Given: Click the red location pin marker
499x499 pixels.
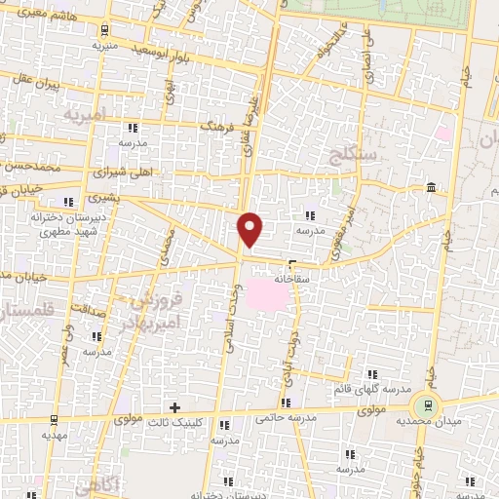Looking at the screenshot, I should [x=250, y=228].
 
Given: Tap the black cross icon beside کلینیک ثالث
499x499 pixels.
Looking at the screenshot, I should [x=174, y=407].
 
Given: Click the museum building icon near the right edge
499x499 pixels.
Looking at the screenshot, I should [x=431, y=187].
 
